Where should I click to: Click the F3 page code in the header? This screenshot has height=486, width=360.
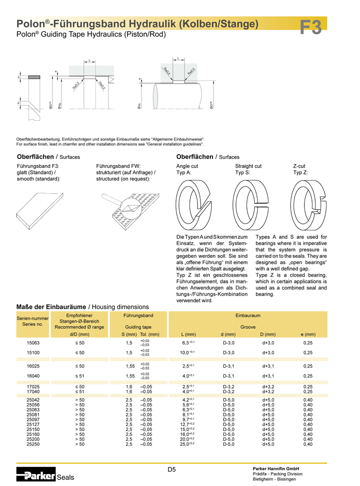pyautogui.click(x=311, y=27)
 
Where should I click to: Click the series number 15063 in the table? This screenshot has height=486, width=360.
pyautogui.click(x=33, y=343)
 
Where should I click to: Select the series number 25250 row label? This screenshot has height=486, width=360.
pyautogui.click(x=33, y=444)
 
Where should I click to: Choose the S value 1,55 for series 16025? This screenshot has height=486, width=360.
pyautogui.click(x=129, y=366)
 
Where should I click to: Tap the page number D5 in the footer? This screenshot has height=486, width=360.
pyautogui.click(x=171, y=469)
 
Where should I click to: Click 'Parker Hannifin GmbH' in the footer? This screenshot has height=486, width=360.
pyautogui.click(x=276, y=468)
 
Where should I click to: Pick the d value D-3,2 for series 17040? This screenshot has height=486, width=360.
pyautogui.click(x=229, y=391)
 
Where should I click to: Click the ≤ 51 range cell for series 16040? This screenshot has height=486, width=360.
pyautogui.click(x=79, y=376)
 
